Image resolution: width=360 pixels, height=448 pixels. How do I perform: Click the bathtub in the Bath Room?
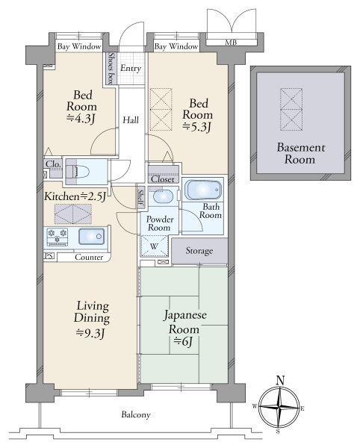tap(203, 190)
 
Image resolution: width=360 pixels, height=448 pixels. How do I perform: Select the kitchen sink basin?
tap(91, 236)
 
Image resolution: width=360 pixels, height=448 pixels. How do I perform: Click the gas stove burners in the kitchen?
tap(58, 237)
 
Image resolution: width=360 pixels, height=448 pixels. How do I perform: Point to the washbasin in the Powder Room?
tap(163, 196)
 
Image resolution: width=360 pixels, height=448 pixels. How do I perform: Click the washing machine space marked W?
tap(154, 246)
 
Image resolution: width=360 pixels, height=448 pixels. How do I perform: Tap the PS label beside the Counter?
tap(49, 255)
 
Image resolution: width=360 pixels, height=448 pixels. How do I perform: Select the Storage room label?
tap(199, 251)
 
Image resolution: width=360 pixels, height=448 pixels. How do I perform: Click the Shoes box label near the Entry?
tap(111, 68)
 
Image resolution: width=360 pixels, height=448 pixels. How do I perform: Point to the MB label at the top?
tap(231, 43)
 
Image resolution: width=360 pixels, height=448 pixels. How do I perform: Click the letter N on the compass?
tap(281, 380)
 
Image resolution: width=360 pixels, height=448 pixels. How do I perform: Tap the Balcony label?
tap(136, 414)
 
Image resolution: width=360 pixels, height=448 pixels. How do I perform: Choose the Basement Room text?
tap(300, 153)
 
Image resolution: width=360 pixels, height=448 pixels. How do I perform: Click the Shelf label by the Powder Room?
tap(140, 198)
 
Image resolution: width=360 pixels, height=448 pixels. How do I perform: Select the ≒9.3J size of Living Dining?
tap(90, 333)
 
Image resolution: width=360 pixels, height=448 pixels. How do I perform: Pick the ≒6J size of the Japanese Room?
tap(183, 341)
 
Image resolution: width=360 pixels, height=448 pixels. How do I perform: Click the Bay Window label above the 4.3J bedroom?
tap(79, 46)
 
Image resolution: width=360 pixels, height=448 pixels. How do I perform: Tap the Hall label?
tap(131, 119)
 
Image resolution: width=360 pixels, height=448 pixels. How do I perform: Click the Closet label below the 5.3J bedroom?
tap(163, 179)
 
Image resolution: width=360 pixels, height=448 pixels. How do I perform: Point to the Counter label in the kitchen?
tap(89, 257)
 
